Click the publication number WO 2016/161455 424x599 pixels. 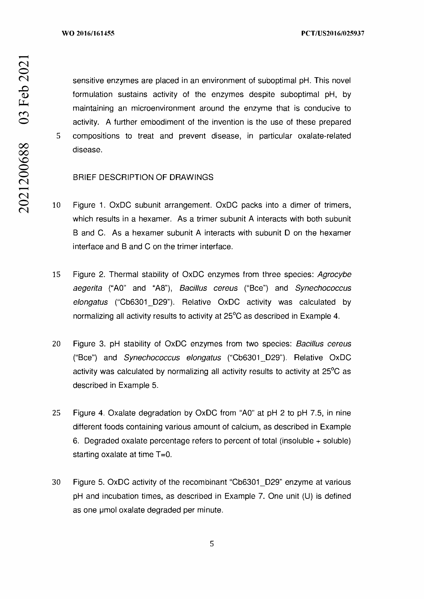[88, 33]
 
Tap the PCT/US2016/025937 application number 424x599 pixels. [333, 33]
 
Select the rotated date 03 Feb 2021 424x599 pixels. [24, 89]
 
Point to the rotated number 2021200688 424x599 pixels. [24, 178]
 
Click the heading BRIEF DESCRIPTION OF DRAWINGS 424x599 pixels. [143, 177]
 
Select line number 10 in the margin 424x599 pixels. [56, 205]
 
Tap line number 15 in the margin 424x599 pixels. [56, 275]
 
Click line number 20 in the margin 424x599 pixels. [56, 344]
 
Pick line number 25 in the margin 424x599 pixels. [56, 413]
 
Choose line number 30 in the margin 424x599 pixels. [56, 482]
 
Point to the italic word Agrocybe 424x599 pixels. [334, 275]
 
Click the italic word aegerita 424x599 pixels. [87, 288]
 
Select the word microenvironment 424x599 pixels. [163, 108]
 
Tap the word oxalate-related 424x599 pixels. [324, 136]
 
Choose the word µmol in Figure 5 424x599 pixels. [108, 510]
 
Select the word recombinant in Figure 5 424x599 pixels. [204, 482]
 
